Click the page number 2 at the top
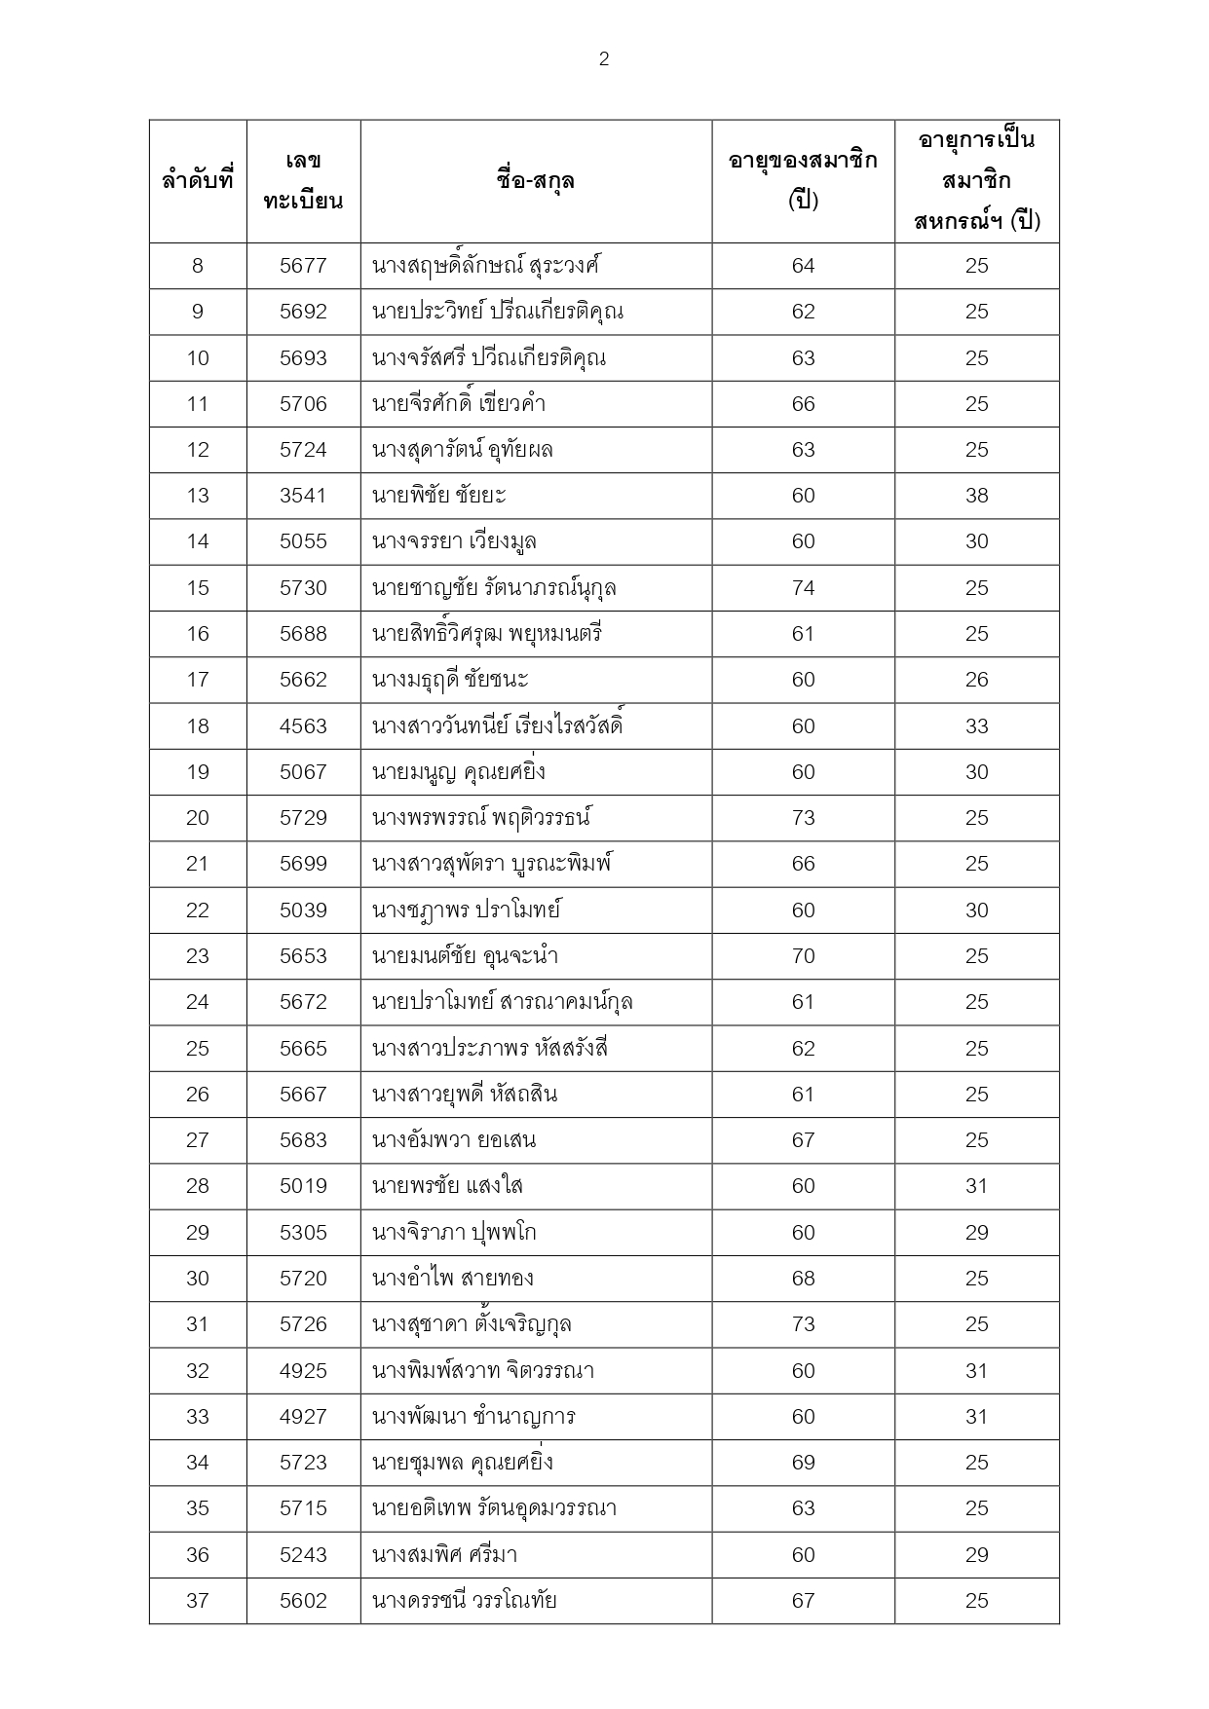[x=604, y=59]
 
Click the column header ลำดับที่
[x=198, y=180]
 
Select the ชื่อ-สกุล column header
[x=536, y=180]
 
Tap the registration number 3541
[x=303, y=496]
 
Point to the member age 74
[x=803, y=588]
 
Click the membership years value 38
[x=976, y=496]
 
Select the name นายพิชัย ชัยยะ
[x=439, y=496]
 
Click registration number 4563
[x=303, y=726]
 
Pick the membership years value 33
[x=976, y=726]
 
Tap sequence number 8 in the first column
[x=198, y=266]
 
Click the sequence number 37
[x=198, y=1601]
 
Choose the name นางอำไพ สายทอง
[x=453, y=1279]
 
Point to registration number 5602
[x=303, y=1601]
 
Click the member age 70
[x=803, y=956]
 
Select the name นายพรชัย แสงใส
[x=447, y=1186]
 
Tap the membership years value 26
[x=976, y=680]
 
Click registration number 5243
[x=303, y=1555]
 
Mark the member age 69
[x=803, y=1463]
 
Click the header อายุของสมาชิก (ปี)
[x=803, y=180]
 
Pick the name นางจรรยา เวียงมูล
[x=454, y=541]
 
